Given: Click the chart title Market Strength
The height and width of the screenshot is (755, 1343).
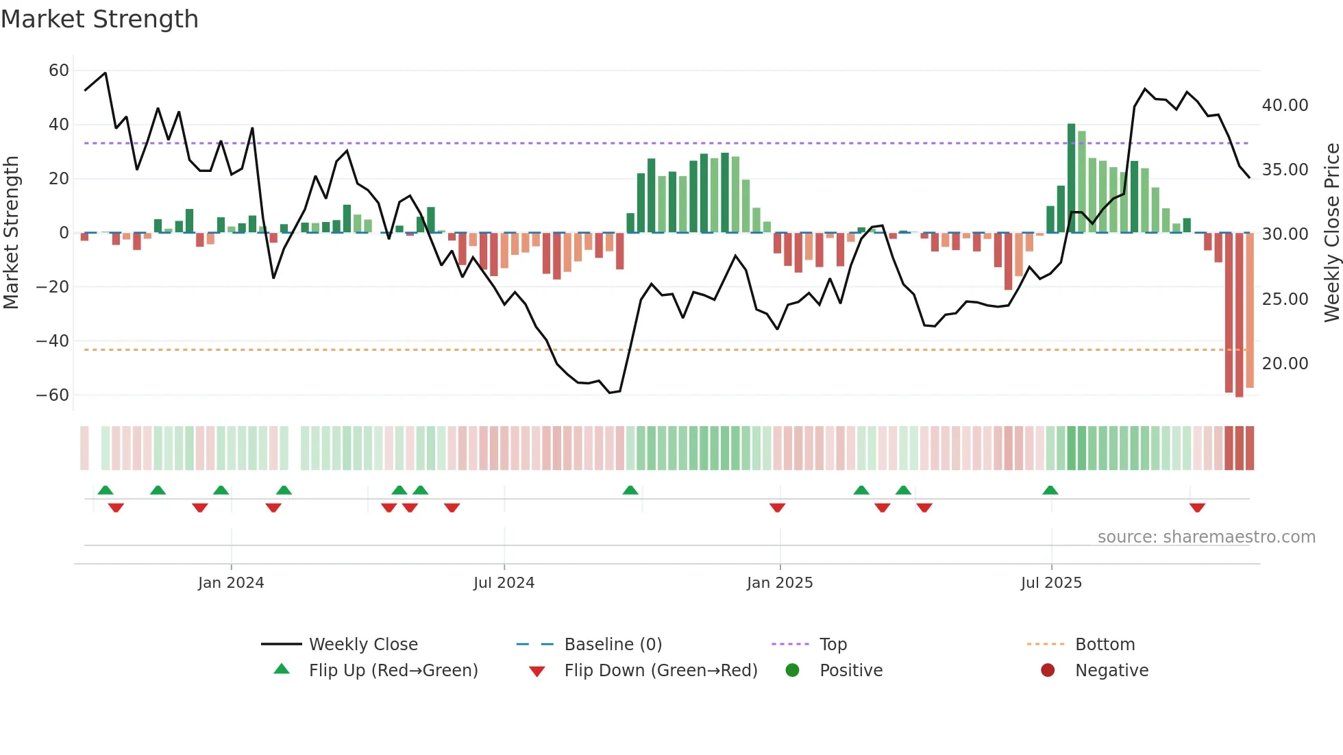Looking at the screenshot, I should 99,19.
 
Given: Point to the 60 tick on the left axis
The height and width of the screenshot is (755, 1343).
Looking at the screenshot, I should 59,71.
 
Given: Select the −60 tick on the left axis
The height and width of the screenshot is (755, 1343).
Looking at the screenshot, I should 53,395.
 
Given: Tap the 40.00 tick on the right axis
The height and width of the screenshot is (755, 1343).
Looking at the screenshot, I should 1285,106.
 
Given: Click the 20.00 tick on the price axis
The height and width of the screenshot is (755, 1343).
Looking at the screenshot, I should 1285,364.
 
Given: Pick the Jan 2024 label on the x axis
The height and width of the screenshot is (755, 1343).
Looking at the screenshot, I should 231,583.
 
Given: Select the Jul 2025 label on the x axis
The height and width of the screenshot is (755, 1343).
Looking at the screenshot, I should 1051,583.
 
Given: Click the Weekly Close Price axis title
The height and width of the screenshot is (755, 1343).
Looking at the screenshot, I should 1331,233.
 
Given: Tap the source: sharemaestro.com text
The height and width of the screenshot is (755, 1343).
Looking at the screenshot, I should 1206,537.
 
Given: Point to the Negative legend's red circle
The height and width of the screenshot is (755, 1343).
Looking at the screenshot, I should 1048,671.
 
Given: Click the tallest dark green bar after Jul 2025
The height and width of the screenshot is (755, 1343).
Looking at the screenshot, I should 1071,178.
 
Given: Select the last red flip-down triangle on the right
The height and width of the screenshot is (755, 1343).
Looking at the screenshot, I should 1197,508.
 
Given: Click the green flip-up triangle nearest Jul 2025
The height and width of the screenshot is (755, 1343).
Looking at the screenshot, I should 1050,490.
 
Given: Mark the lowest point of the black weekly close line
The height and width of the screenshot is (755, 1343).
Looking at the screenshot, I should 609,393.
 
